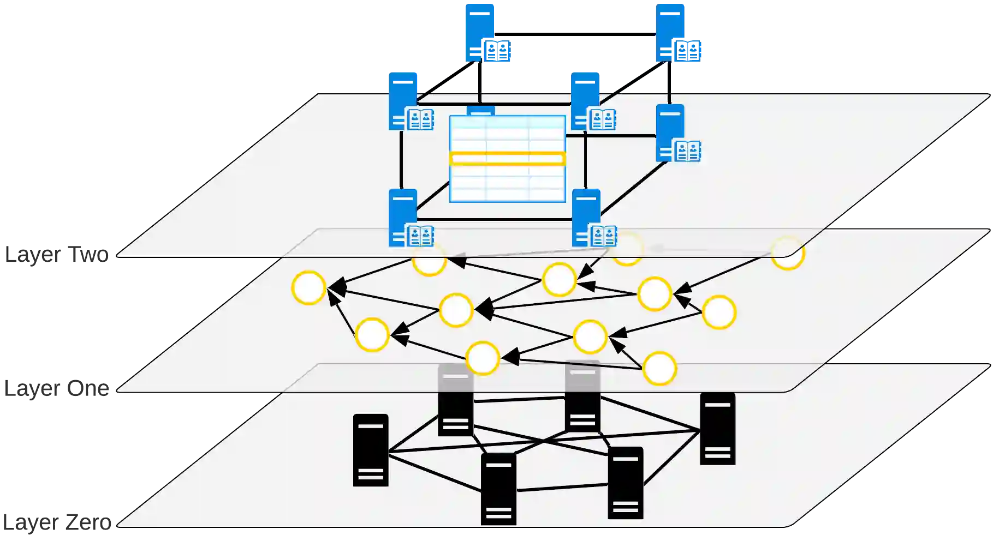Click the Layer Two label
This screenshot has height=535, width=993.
57,255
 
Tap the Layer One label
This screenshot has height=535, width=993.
57,389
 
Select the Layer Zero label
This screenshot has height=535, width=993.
57,522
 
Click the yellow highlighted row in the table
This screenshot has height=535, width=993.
507,159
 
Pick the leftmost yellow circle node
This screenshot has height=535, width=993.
308,287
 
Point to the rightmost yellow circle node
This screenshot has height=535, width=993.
787,253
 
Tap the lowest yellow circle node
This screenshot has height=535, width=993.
659,369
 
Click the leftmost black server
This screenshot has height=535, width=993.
371,450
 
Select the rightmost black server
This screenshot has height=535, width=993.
717,429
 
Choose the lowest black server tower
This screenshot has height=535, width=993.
498,489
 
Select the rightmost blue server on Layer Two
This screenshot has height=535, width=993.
670,133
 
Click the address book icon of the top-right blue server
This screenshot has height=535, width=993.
687,52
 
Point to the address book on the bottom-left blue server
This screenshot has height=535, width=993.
421,236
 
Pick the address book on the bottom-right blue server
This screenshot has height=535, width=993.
604,236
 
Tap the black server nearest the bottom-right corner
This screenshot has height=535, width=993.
625,483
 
